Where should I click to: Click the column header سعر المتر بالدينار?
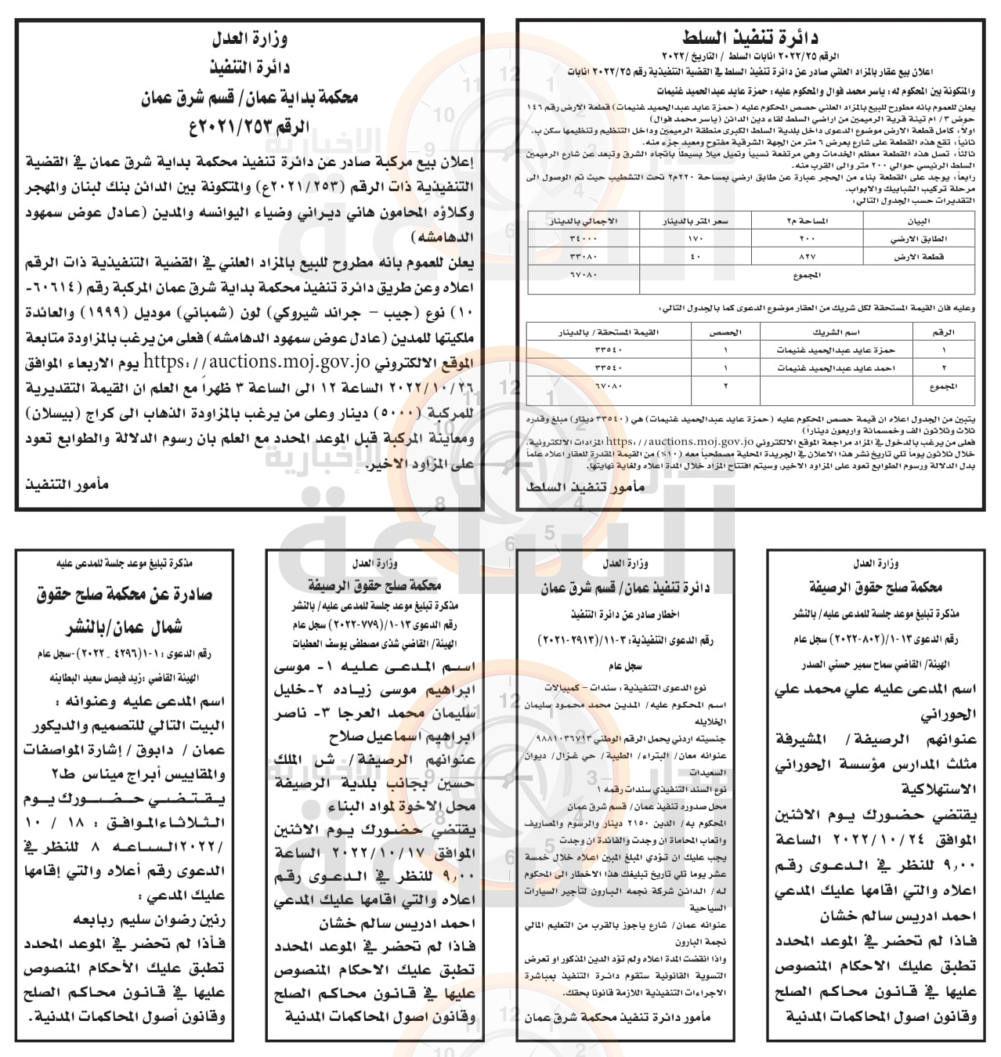696,222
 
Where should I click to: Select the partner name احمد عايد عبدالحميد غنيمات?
832,367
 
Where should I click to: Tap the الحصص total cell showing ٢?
724,386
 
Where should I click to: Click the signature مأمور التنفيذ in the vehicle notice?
67,485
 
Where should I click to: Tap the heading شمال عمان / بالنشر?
125,626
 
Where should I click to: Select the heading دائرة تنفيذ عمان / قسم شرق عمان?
625,588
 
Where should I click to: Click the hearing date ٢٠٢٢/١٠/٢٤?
855,839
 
